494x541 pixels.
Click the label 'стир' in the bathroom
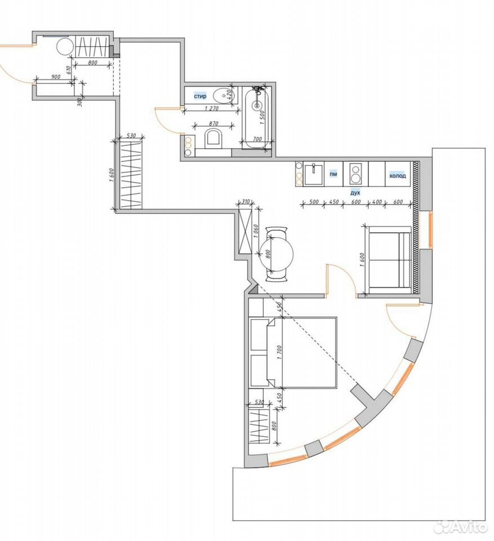200,96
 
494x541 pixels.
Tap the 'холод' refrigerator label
398,176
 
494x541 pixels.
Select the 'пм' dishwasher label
333,174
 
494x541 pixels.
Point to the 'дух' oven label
355,193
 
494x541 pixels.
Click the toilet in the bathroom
214,139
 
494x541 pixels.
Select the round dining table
276,254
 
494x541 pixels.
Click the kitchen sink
314,175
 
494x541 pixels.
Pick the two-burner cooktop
354,174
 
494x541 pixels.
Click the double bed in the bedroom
302,353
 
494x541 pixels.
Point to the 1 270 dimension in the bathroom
212,108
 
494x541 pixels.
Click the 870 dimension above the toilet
213,123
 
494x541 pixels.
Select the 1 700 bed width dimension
279,353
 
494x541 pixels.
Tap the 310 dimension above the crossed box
246,201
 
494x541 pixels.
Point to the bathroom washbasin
224,95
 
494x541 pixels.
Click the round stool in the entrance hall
65,46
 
